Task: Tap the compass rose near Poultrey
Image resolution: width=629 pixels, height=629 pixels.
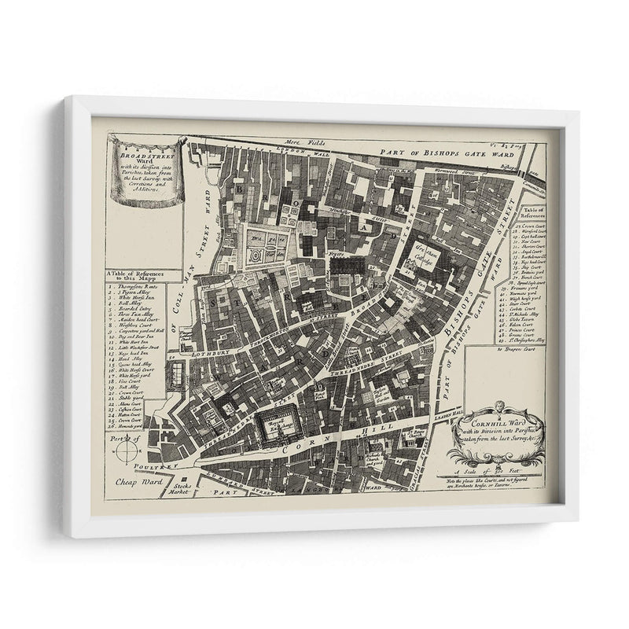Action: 126,451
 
